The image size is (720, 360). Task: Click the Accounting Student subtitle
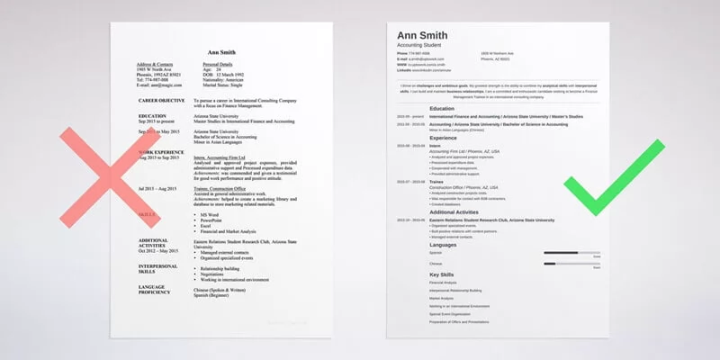(424, 46)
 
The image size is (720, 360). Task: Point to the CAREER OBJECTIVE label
(162, 101)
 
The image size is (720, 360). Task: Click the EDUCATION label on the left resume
(154, 116)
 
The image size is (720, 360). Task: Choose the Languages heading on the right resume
(444, 244)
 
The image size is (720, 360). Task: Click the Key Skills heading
(443, 274)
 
